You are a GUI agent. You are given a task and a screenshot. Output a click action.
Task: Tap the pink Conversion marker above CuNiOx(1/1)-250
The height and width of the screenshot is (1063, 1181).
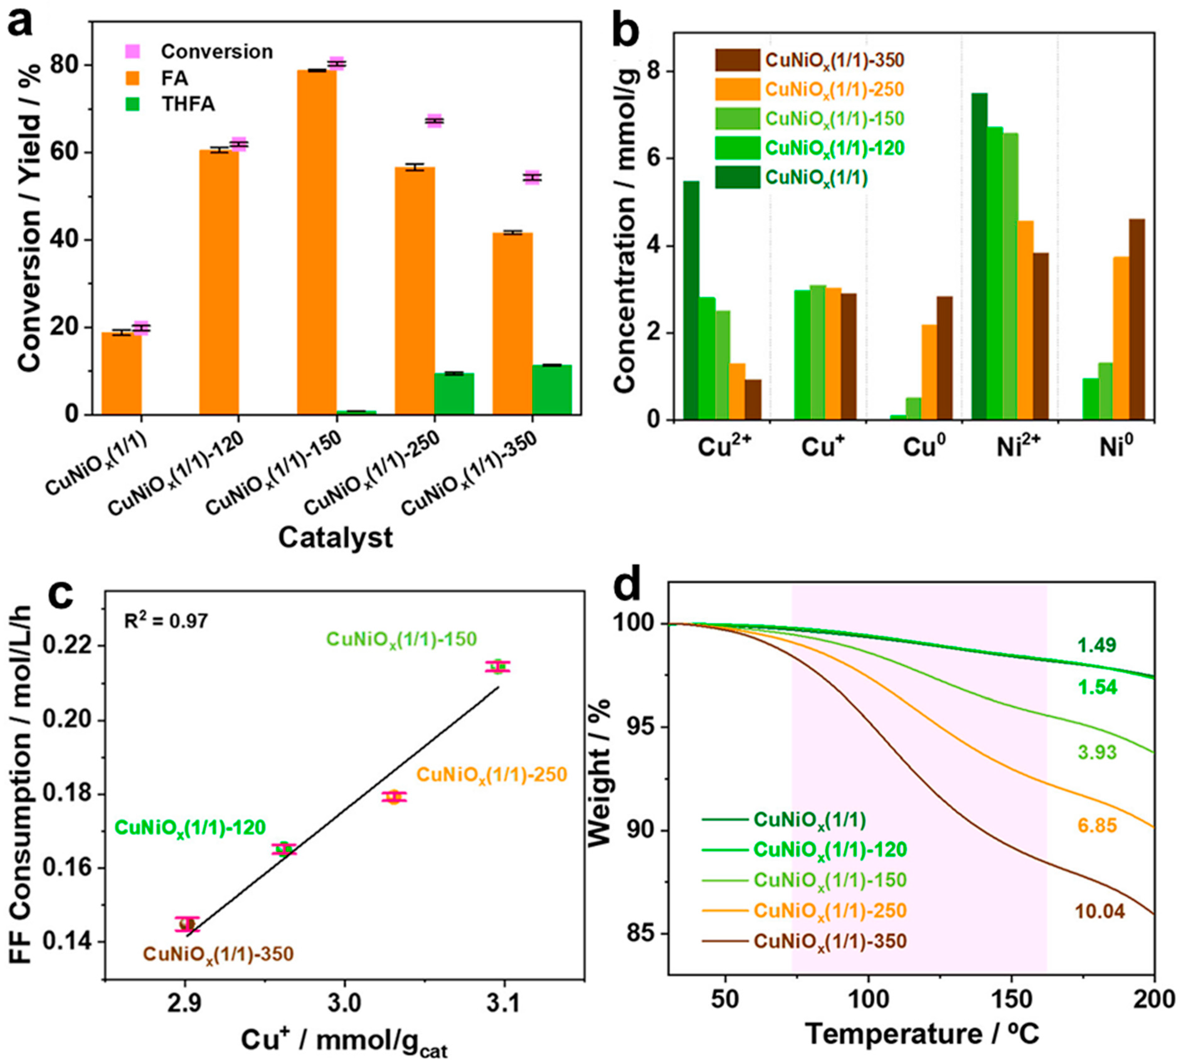tap(434, 121)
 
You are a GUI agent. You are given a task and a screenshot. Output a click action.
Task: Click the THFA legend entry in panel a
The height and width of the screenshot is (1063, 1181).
tap(188, 104)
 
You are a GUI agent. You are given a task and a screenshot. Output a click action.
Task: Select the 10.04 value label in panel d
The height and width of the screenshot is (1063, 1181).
tap(1100, 912)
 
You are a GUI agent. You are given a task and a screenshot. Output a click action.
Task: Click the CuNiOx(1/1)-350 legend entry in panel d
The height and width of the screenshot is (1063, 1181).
tap(829, 941)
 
